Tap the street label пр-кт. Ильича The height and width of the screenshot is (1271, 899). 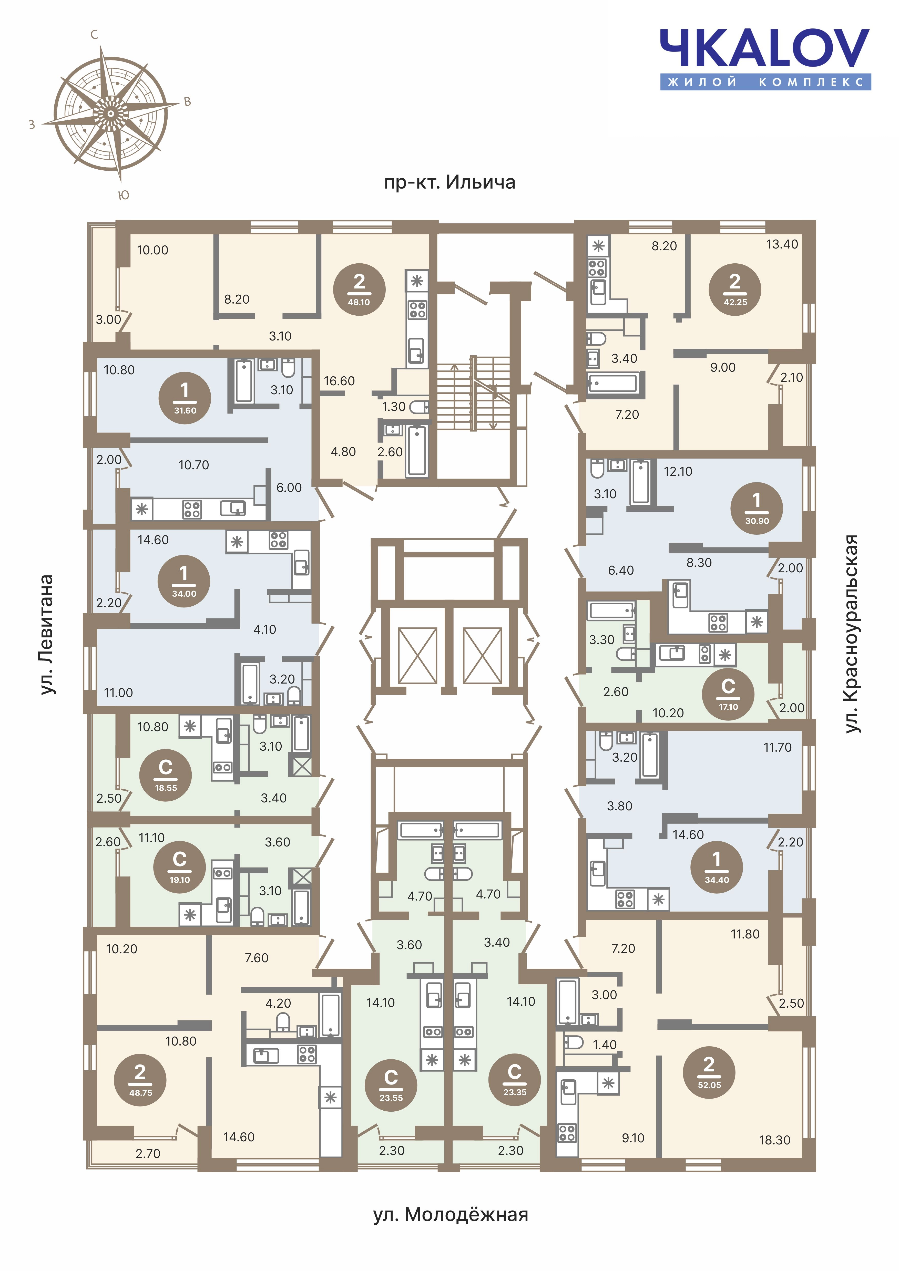coord(449,182)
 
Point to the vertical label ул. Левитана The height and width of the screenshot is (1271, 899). coord(47,634)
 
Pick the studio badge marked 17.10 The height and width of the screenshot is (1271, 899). coord(728,694)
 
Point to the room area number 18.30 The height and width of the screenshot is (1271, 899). coord(774,1140)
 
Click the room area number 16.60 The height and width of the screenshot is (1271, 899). coord(339,381)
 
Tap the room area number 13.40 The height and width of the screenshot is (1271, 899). coord(782,244)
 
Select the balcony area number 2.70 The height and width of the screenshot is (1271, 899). coord(148,1154)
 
